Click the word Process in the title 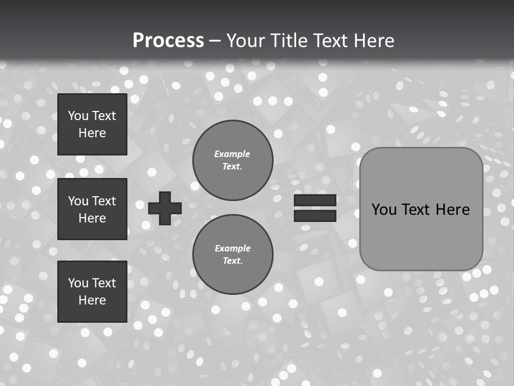(168, 40)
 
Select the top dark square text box (92, 124)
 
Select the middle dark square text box (92, 209)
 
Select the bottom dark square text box (92, 291)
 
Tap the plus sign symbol (164, 208)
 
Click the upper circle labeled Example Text (232, 160)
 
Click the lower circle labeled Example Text (232, 254)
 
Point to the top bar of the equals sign (315, 201)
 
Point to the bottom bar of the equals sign (315, 216)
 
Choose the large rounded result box (421, 209)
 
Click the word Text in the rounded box (415, 209)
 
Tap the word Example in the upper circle (232, 154)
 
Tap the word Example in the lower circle (232, 248)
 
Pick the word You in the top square (78, 116)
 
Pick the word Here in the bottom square (92, 300)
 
